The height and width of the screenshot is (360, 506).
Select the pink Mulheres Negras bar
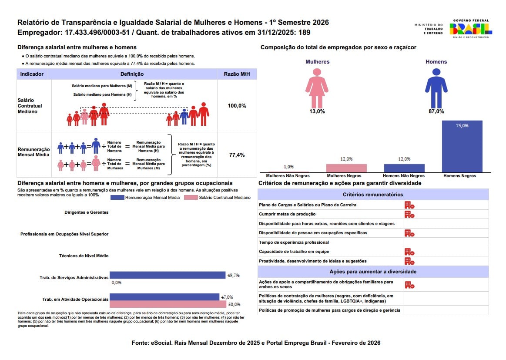coord(347,168)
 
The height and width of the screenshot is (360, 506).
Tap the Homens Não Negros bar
coord(404,168)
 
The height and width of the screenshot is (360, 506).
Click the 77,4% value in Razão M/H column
coord(237,155)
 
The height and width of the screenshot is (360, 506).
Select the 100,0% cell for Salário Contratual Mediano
coord(237,106)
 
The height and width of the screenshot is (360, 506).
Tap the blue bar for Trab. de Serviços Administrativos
coord(168,275)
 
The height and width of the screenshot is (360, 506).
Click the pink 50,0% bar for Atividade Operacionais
coord(168,304)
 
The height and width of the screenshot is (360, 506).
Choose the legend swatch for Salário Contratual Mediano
coord(191,198)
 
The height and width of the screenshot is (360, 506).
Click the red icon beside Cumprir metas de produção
coord(409,214)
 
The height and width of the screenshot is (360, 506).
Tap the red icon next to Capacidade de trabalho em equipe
coord(409,252)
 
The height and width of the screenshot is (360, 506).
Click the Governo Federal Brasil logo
coord(471,29)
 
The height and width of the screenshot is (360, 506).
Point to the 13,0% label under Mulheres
coord(317,111)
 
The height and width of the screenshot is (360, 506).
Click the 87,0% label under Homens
coord(436,111)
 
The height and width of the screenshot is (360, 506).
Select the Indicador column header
coord(32,74)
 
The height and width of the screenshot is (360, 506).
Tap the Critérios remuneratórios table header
coord(373,195)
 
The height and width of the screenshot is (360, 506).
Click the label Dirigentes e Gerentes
coord(87,212)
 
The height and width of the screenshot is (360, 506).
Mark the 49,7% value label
coord(233,275)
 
